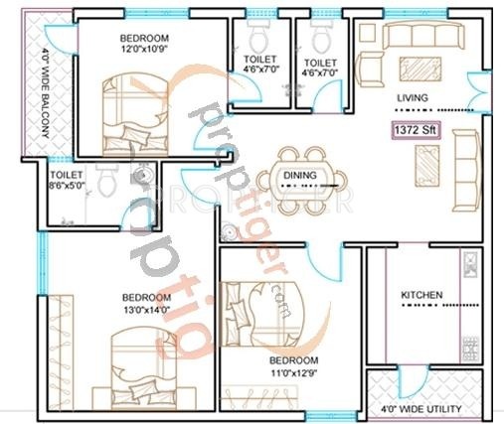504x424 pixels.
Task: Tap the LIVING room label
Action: point(414,97)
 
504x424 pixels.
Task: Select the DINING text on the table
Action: point(299,176)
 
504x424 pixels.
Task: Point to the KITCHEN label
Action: point(420,295)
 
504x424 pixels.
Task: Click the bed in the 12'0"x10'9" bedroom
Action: point(132,114)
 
